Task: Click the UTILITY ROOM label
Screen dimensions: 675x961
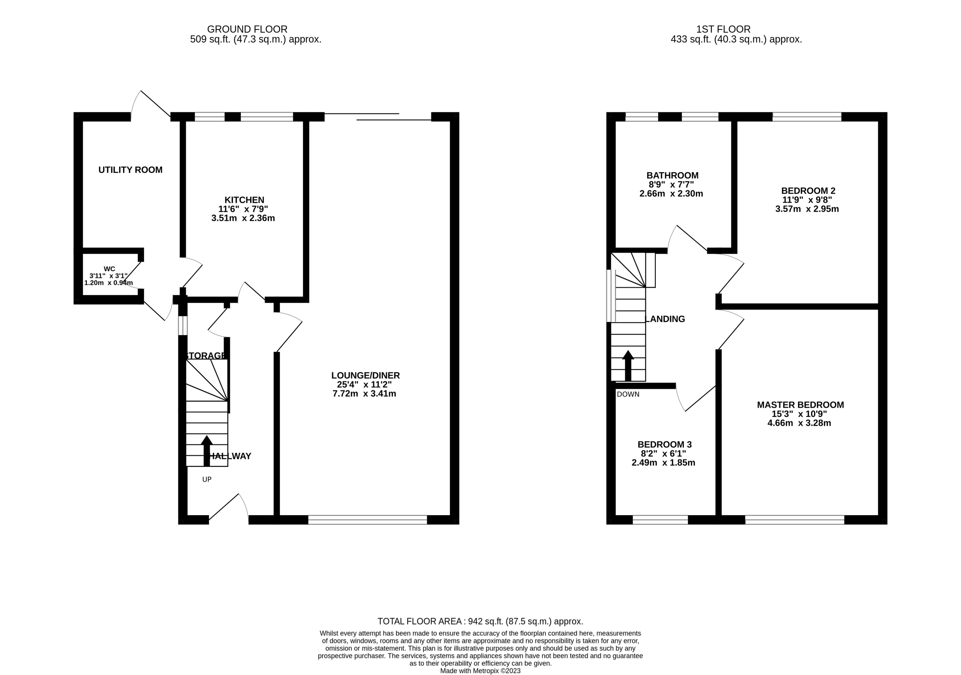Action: (130, 170)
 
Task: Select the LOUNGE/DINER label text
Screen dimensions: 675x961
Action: (365, 375)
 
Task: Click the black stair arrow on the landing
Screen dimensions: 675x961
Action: (628, 365)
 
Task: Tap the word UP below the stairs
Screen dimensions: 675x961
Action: (207, 479)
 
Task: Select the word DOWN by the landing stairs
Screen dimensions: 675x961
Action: (628, 394)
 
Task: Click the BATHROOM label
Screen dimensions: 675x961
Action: (672, 176)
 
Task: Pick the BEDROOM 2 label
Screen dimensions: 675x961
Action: (808, 191)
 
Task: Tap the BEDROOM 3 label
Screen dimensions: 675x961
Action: (664, 444)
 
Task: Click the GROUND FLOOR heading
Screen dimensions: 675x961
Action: (247, 29)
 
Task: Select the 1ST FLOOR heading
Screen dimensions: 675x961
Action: (723, 29)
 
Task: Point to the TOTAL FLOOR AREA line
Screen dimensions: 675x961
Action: (480, 621)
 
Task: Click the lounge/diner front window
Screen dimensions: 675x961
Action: (367, 520)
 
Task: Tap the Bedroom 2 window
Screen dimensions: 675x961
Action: (807, 116)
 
